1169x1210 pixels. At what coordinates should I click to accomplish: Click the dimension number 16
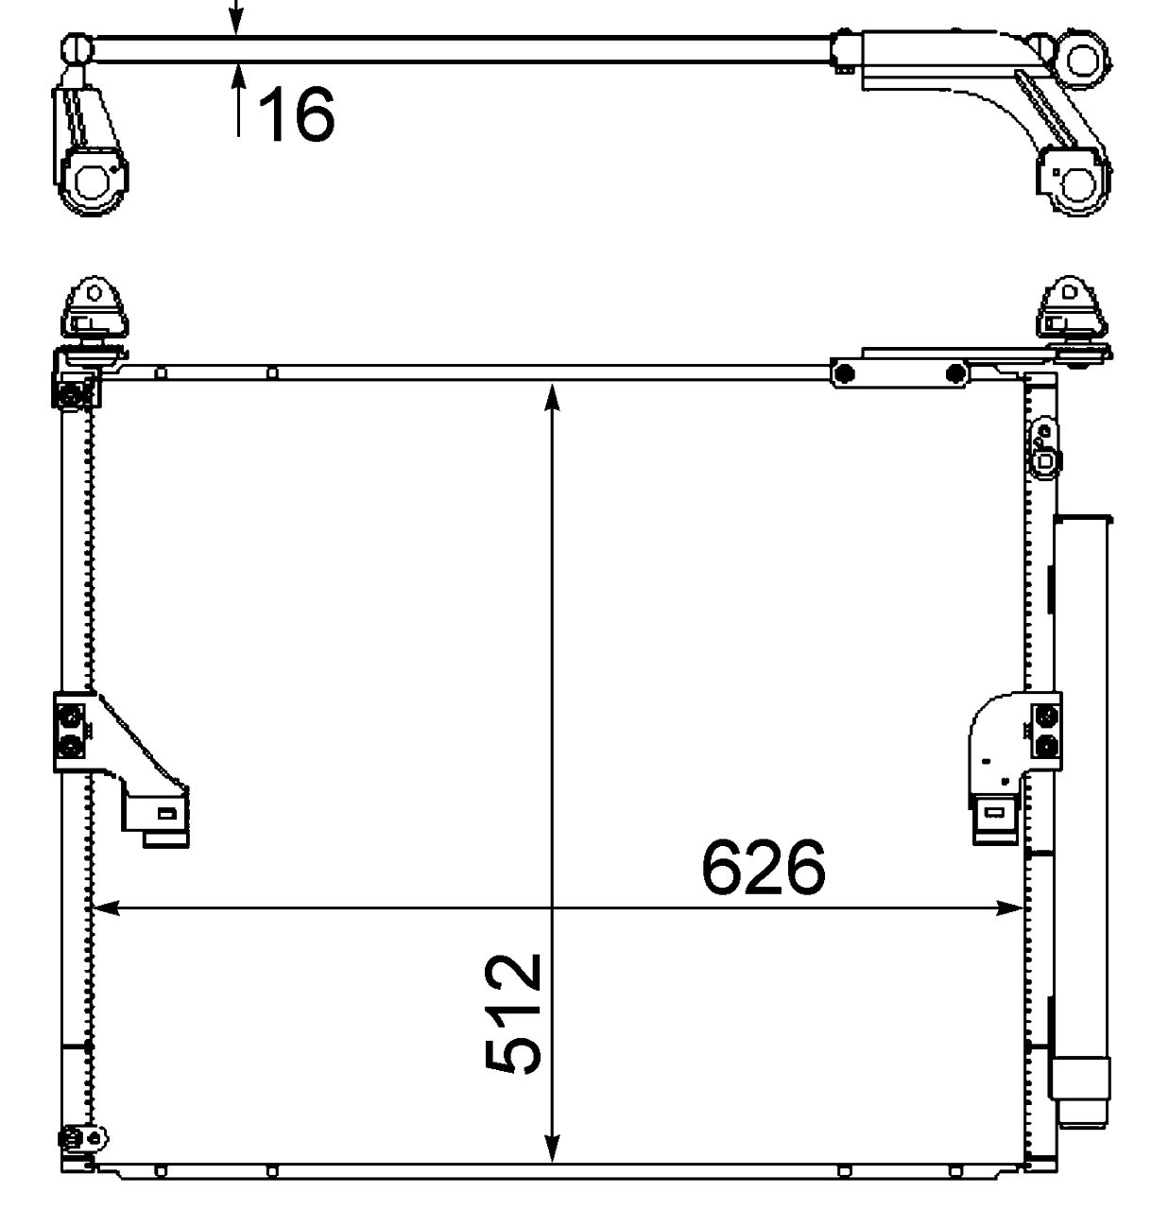[296, 114]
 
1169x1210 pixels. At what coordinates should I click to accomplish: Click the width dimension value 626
[764, 867]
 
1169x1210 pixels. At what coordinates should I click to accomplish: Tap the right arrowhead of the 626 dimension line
[1009, 908]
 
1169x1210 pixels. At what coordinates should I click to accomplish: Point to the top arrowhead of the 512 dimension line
[552, 397]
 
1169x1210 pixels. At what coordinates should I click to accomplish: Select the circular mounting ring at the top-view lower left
[94, 181]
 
